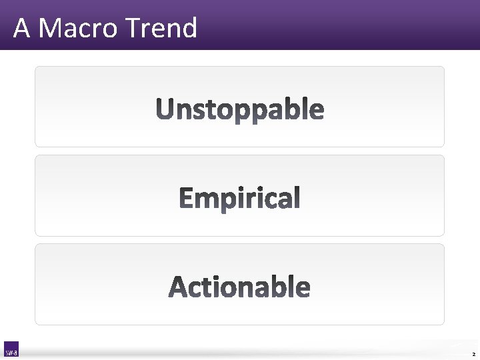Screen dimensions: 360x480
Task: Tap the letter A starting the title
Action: [x=21, y=28]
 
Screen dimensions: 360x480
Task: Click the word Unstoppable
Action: [x=240, y=109]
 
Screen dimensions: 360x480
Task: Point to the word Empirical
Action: [x=240, y=199]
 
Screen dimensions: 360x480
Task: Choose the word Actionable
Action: [x=240, y=287]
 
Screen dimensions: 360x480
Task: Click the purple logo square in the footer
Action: [x=11, y=349]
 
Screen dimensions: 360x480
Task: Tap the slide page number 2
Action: [x=473, y=353]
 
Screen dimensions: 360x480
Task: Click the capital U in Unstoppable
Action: [x=165, y=109]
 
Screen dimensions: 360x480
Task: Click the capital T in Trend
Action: [x=131, y=28]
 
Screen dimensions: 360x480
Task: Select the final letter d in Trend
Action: [x=189, y=28]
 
